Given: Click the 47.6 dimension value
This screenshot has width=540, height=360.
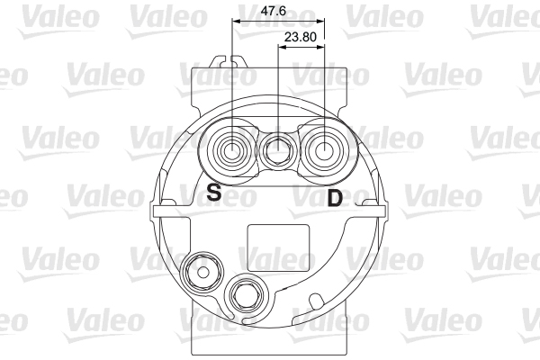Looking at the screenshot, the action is coord(273,11).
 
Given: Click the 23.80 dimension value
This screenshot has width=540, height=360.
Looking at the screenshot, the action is coord(300,37).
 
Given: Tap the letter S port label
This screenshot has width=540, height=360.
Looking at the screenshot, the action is coord(214,193).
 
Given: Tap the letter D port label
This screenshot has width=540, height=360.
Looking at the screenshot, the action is coord(335,198).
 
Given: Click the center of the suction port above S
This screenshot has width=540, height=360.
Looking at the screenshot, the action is coord(232,151).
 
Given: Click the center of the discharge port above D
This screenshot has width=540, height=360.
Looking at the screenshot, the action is coord(324,151).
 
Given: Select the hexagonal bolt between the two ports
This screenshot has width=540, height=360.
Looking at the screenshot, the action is coord(278,149).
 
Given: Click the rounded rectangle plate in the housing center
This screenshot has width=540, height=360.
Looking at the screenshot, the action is coord(279,247).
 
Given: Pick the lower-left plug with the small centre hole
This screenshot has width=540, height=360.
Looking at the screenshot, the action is coord(202,272).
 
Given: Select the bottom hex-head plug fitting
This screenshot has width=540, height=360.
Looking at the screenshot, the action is coord(246,295).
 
